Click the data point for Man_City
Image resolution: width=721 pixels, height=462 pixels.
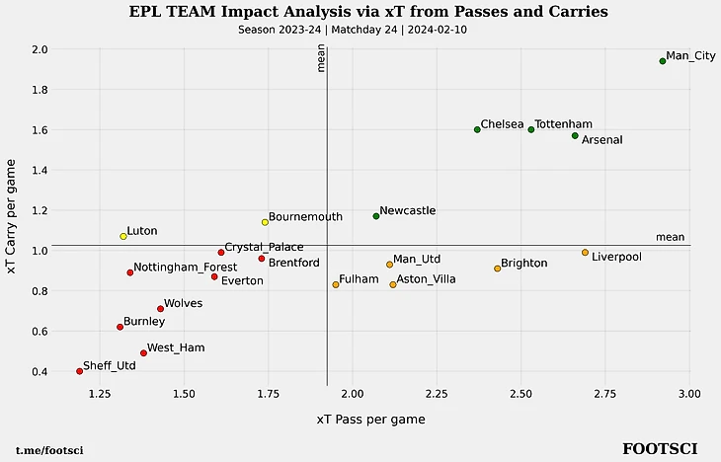point(663,61)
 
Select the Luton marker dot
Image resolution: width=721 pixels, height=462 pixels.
point(123,237)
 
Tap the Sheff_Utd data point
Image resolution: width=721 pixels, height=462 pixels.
point(79,371)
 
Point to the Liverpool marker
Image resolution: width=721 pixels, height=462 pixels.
point(585,253)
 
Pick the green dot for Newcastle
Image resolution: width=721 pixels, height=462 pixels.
point(376,216)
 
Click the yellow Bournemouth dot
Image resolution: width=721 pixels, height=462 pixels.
point(265,222)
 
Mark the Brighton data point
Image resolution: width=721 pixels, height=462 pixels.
point(497,269)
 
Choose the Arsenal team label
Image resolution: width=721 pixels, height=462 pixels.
point(601,140)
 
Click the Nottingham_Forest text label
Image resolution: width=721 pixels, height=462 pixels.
point(185,267)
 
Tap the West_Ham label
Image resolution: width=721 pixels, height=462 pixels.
point(176,347)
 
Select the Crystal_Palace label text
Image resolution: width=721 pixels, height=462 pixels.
point(264,247)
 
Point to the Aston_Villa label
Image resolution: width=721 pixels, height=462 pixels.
point(426,279)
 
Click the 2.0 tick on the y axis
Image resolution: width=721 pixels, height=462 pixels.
point(40,49)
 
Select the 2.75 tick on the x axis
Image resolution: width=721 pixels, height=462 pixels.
point(604,394)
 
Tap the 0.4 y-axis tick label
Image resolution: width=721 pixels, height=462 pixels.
point(40,371)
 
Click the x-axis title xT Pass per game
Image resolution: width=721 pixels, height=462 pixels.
point(370,420)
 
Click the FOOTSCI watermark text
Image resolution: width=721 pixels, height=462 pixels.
point(659,449)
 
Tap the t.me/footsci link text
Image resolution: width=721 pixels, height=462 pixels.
point(49,451)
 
